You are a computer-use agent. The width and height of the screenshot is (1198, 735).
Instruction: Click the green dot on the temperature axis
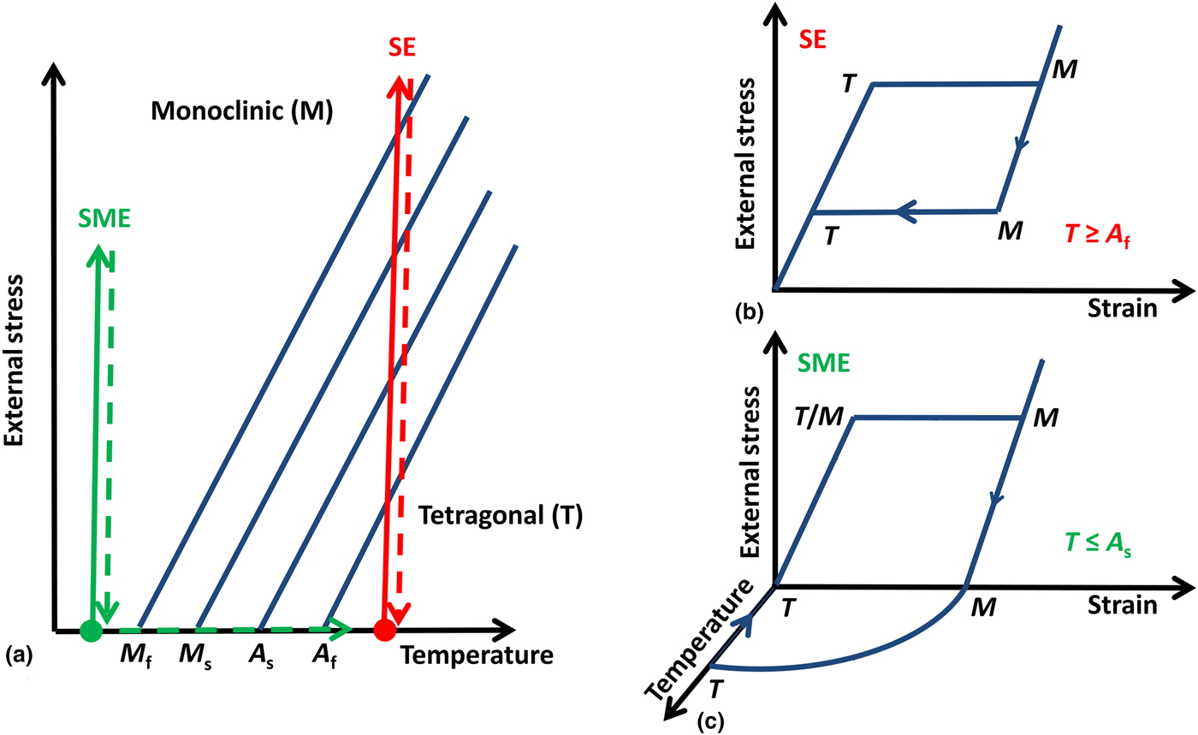pos(90,631)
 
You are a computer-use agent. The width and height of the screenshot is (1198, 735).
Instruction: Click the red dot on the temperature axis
pos(385,631)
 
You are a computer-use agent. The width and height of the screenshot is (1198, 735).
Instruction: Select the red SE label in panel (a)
pos(400,48)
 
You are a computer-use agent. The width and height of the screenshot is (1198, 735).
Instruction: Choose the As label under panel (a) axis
pos(260,660)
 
